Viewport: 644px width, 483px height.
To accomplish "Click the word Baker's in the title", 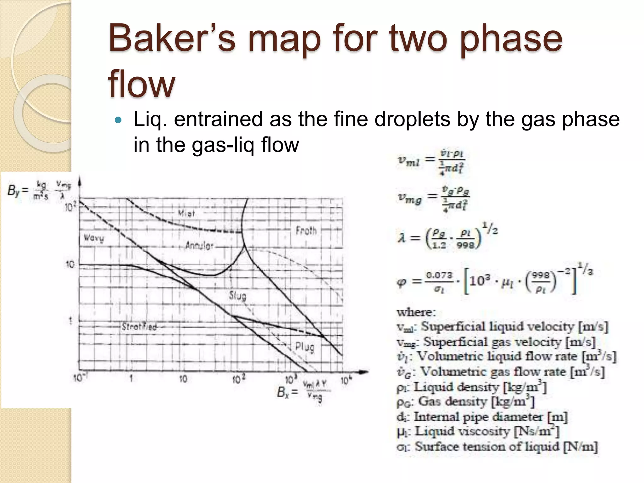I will coord(172,39).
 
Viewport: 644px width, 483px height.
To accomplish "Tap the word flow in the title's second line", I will coord(141,84).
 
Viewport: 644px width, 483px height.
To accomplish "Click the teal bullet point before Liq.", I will coord(118,120).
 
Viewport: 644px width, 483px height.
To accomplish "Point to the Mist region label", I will coord(186,214).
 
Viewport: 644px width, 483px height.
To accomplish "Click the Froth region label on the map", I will coord(306,231).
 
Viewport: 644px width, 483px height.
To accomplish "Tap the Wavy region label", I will coord(93,238).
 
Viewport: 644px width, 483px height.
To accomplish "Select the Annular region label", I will coord(199,246).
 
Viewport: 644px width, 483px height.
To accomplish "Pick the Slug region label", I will coord(238,296).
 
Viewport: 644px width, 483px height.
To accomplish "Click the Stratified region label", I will coord(139,327).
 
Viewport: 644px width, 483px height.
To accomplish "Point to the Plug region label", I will coord(304,347).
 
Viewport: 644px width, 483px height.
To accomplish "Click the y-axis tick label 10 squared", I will coord(70,207).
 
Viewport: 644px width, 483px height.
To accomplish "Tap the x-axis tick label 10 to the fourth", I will coord(346,381).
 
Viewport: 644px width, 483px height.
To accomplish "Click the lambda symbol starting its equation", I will coord(402,238).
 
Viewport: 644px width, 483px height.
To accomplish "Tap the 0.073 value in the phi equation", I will coord(439,275).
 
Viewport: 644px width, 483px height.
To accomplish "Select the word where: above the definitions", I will coord(416,312).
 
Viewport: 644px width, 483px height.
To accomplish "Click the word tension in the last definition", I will coord(490,447).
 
